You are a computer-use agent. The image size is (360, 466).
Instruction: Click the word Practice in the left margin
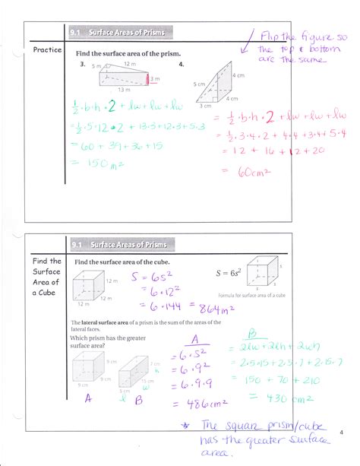[x=47, y=50]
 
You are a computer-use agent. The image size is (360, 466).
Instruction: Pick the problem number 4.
[x=182, y=65]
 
